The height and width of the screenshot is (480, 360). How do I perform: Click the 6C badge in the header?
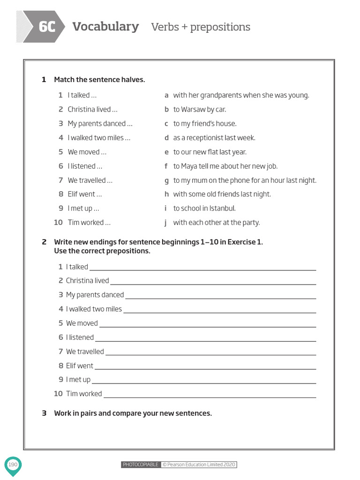coord(46,27)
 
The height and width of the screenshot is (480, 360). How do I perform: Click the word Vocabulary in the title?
coord(105,27)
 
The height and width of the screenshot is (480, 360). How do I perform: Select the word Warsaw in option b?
coord(193,110)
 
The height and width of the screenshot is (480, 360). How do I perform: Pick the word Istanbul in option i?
coord(220,208)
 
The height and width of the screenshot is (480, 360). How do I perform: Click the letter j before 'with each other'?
coord(165,223)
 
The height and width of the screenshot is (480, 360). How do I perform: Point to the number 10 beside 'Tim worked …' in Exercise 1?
coord(58,223)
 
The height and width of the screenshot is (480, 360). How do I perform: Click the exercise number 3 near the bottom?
coord(44,413)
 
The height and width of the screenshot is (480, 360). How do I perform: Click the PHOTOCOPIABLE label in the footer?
coord(141,465)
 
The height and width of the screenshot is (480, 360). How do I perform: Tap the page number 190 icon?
coord(13,465)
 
